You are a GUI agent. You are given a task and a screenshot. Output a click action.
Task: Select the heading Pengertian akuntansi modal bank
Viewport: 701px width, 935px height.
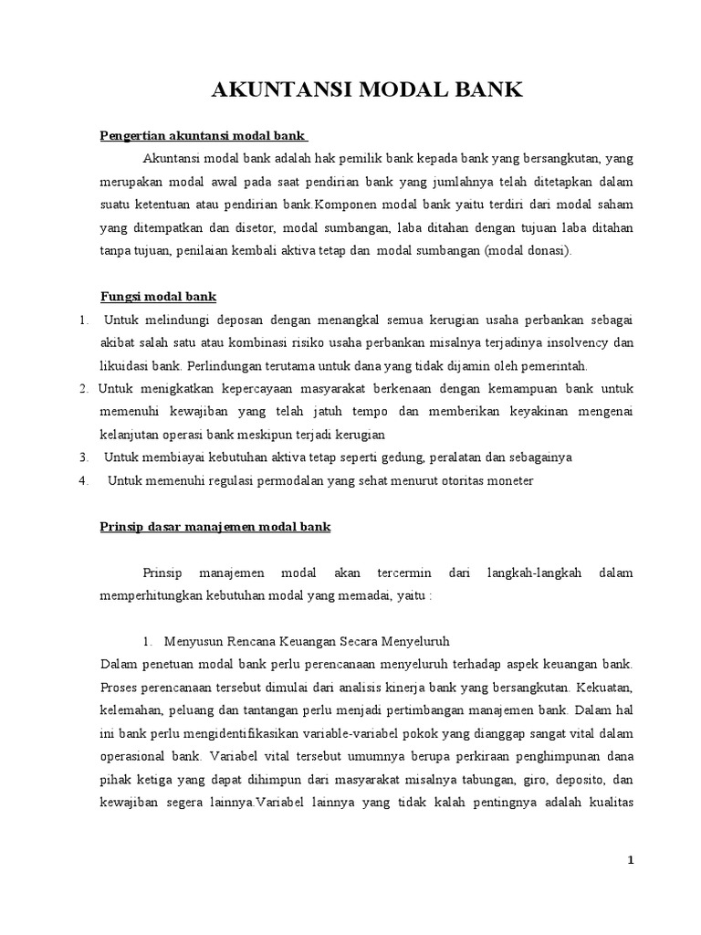[201, 137]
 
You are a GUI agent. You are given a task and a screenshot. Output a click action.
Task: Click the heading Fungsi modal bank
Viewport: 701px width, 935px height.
[157, 298]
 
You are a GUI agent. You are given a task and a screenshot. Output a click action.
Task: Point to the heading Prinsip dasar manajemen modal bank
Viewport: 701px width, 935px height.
[214, 527]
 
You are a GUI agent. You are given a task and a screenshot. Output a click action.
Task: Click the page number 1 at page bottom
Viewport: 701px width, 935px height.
[629, 860]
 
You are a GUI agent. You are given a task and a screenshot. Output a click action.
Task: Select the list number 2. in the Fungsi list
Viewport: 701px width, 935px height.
[83, 389]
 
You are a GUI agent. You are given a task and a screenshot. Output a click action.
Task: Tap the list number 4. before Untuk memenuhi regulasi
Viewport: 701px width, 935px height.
[83, 480]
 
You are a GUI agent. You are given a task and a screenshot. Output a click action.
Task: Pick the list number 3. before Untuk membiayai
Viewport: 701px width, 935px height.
[83, 457]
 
